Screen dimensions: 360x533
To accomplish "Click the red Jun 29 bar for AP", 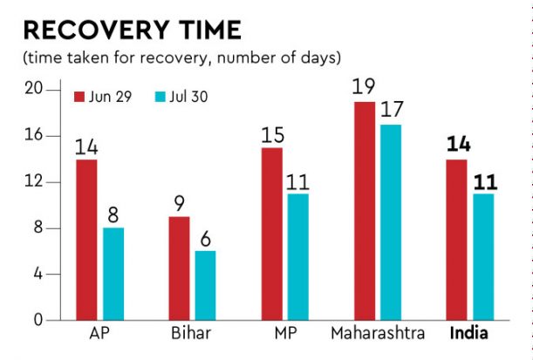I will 86,240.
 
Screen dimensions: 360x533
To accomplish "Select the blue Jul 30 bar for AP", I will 114,275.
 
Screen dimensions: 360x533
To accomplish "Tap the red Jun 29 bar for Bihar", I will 179,268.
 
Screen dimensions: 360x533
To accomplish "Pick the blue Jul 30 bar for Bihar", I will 206,286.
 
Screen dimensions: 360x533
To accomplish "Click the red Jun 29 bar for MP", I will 271,234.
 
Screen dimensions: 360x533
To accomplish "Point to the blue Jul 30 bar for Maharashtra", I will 392,222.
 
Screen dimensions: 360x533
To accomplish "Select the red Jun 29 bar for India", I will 457,240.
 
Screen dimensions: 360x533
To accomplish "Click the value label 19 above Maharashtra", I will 364,87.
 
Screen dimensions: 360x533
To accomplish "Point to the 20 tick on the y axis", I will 34,89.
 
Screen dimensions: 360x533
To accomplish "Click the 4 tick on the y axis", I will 38,275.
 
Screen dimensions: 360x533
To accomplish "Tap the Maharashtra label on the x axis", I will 378,334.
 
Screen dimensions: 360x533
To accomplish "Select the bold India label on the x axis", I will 469,334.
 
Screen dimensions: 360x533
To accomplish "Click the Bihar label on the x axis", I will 192,334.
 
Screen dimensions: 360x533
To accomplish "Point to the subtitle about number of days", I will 181,58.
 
